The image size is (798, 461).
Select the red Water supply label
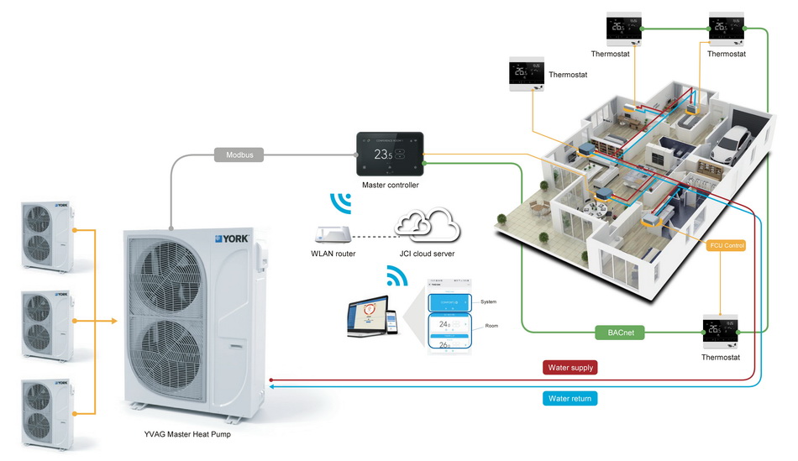click(570, 367)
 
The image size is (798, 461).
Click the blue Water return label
click(570, 398)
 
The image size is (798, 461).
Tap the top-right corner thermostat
click(726, 29)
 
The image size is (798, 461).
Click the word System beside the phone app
click(488, 301)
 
